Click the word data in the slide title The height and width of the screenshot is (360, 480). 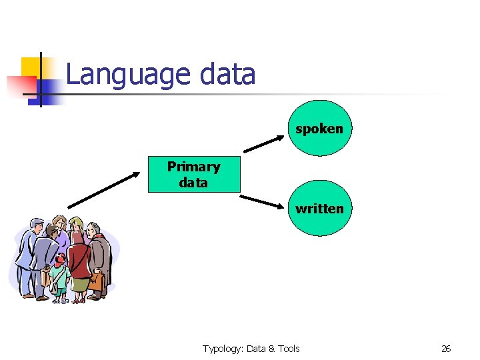(227, 74)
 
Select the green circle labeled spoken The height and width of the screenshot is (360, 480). (319, 129)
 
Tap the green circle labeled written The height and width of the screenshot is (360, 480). (319, 209)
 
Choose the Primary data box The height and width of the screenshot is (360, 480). (193, 175)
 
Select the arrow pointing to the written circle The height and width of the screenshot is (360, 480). (263, 201)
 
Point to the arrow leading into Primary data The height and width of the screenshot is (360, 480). (104, 189)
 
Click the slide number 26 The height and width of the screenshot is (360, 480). (446, 349)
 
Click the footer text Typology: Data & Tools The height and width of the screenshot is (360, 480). (251, 349)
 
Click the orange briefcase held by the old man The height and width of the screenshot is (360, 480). (97, 281)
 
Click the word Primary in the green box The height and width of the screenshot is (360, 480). (193, 167)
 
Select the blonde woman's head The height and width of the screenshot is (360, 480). (77, 224)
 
